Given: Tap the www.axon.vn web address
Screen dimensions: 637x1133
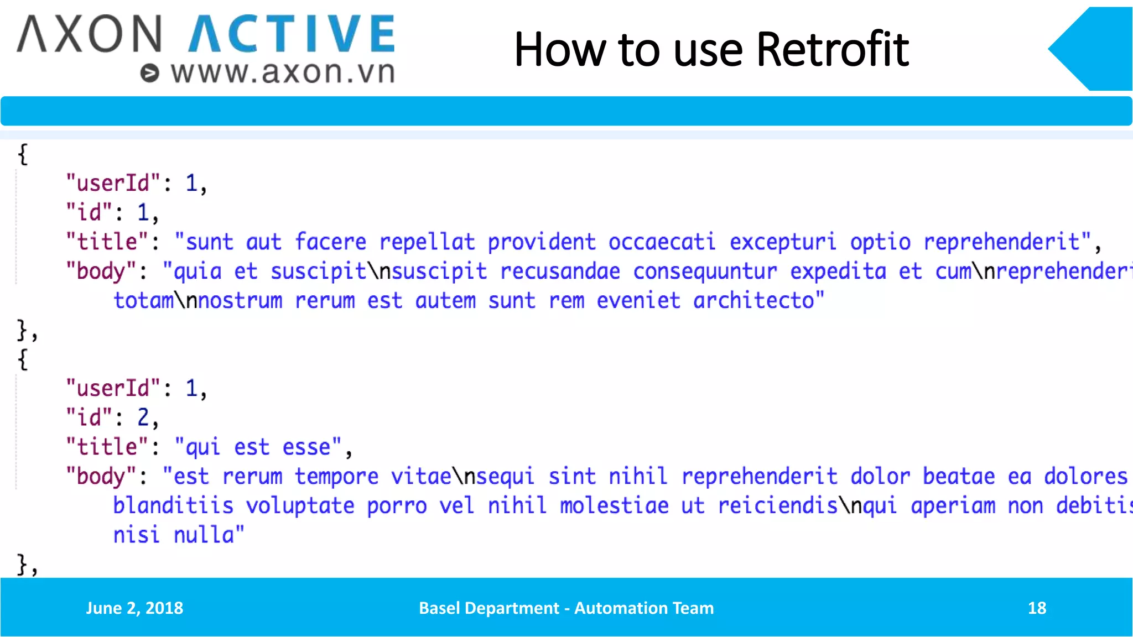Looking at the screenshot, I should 283,72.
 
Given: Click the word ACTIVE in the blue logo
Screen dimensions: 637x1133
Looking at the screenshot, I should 292,34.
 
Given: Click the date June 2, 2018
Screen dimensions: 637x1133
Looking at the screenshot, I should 134,608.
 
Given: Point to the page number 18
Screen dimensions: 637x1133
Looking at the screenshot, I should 1037,608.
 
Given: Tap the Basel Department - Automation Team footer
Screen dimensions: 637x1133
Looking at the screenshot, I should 566,608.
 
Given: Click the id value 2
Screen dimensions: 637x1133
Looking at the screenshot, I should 143,417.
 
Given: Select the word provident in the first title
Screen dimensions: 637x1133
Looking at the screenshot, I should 541,242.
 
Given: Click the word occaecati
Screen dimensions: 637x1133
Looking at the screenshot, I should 662,242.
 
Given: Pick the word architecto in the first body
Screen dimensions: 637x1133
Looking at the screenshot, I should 753,301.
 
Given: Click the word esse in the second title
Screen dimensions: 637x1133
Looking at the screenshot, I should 306,447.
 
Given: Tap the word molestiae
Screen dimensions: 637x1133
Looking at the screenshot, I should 614,505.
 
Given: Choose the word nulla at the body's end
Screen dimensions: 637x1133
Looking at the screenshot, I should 204,535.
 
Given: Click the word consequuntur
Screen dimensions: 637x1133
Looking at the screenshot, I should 705,271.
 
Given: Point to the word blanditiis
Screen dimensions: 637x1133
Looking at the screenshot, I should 173,505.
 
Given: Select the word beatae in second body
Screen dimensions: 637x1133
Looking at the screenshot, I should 959,476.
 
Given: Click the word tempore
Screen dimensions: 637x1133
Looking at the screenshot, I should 336,476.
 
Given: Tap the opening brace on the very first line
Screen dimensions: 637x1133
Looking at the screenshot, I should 23,154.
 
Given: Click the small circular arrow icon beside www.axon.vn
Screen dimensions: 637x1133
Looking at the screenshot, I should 149,73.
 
